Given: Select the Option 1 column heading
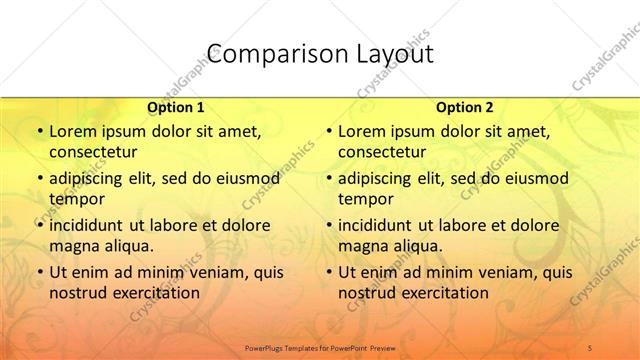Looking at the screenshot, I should point(176,107).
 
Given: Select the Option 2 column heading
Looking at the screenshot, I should point(465,107).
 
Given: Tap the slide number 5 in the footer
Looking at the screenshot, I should point(591,346).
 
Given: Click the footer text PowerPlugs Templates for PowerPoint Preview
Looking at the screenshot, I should point(319,346).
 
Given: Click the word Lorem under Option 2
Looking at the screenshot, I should point(361,131).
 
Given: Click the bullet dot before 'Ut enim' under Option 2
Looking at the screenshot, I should point(329,272).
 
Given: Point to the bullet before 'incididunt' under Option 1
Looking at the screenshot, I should point(39,225).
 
